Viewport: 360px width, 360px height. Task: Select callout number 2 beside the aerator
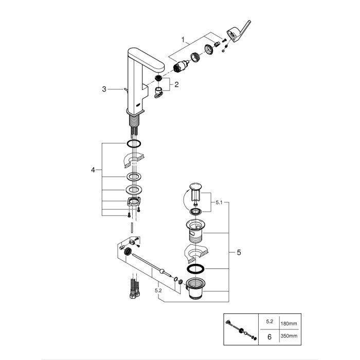(x=177, y=84)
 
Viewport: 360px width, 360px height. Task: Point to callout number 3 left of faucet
(x=104, y=89)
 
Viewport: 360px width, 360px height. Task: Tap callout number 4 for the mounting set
(x=93, y=170)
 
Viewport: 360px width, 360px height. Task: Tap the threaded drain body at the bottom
(x=195, y=289)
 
